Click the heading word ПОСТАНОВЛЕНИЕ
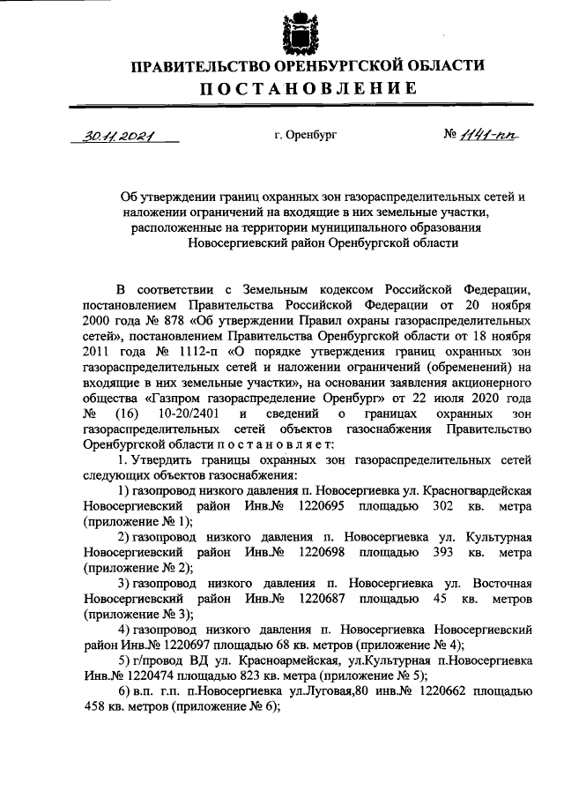click(308, 88)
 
